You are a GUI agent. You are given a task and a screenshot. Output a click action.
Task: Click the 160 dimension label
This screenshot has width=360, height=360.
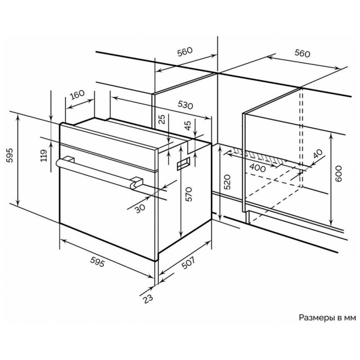point(77,94)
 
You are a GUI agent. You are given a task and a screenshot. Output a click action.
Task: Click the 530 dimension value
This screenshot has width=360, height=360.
point(185,105)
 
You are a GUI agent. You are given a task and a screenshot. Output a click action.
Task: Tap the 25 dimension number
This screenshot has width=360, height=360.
point(163,119)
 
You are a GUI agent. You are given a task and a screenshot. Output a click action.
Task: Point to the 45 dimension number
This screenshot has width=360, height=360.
point(188,125)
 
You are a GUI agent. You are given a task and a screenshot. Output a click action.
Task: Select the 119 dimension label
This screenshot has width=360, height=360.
point(44,155)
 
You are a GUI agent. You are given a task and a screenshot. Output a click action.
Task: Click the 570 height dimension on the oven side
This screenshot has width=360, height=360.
point(189,194)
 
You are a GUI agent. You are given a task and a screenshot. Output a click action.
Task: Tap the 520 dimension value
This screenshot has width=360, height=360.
point(227,182)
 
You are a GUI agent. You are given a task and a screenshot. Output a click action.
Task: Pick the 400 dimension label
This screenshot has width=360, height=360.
point(257,168)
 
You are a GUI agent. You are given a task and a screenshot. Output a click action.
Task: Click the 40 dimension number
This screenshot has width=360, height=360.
point(318,154)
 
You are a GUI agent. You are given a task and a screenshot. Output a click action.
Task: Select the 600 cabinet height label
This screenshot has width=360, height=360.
point(338,174)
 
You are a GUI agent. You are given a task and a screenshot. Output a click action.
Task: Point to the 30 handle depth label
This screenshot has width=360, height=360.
point(140,208)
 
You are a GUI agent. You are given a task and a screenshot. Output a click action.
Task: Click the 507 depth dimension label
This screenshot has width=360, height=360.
point(188,262)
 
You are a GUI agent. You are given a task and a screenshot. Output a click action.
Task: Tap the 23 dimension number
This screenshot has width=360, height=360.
point(148,299)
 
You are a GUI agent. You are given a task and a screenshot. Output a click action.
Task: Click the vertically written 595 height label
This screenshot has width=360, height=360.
point(10,155)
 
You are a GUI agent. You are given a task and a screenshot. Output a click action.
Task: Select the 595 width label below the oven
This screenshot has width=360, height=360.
point(97,262)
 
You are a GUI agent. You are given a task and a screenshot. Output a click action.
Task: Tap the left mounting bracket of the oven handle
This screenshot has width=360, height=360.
point(68,159)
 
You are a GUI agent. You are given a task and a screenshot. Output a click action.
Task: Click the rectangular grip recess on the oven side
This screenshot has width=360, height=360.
point(184,164)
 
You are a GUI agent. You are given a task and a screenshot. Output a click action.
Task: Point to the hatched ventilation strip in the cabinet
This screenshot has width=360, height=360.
point(259,155)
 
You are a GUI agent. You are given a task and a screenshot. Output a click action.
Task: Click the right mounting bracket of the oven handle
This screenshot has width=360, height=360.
point(137,183)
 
